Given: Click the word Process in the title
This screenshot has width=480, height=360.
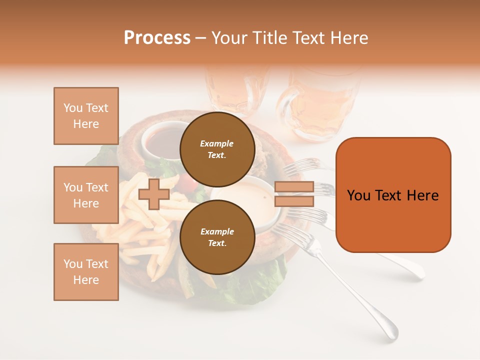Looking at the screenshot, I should tap(157, 38).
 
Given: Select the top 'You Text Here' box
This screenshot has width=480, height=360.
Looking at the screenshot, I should tap(86, 116).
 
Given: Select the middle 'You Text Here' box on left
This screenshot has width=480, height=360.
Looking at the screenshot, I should tap(86, 195).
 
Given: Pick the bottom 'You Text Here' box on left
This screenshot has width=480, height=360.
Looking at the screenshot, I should tap(86, 271).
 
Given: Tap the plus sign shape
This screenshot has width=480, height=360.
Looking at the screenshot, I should tap(154, 194).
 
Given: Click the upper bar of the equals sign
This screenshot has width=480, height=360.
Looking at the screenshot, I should tap(294, 187).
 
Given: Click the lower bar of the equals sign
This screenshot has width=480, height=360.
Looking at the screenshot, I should tap(294, 201).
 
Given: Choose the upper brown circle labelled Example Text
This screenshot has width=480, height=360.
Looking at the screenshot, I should tap(217, 149).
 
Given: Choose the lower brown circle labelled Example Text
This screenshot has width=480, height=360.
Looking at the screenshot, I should tap(217, 237).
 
